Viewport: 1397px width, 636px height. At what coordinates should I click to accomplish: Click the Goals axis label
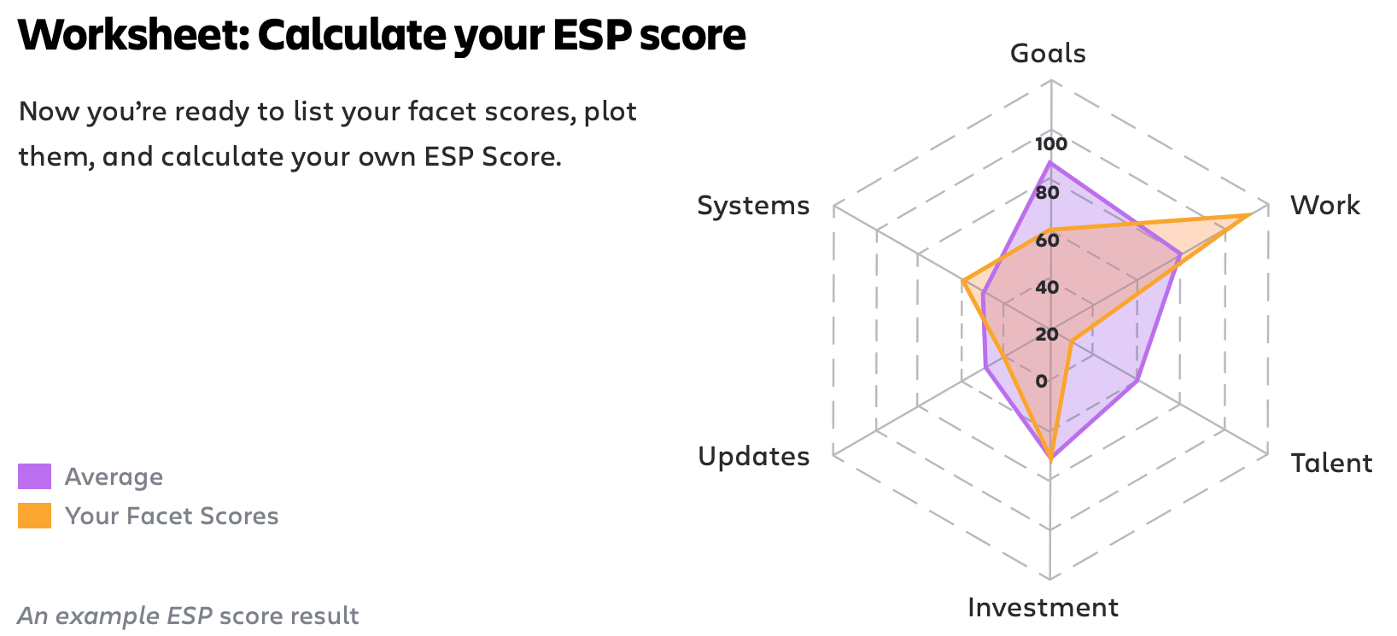coord(1048,55)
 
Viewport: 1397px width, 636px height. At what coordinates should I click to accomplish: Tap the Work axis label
coord(1325,205)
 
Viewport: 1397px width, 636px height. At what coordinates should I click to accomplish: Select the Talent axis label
coord(1331,464)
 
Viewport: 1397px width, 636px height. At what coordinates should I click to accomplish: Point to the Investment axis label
coord(1043,607)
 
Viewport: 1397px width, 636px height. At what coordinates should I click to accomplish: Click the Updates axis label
coord(753,457)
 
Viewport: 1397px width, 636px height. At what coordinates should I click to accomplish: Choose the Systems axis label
coord(753,205)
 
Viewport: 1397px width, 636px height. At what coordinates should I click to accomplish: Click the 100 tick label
coord(1051,144)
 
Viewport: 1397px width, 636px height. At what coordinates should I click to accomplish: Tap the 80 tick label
coord(1047,193)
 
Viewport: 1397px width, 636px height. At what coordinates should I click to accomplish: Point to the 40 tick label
coord(1047,288)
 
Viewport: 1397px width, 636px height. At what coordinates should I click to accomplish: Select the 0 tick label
coord(1042,381)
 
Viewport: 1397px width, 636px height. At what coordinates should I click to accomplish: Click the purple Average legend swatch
coord(34,476)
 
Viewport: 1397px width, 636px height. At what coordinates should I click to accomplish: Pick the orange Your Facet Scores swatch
coord(34,516)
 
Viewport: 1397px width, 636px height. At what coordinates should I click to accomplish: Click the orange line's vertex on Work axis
coord(1252,214)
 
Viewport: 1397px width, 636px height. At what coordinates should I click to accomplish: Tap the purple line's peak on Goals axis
coord(1051,162)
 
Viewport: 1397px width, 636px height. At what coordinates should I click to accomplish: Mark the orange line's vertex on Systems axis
coord(962,282)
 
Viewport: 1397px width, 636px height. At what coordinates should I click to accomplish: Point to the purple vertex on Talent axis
coord(1137,381)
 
